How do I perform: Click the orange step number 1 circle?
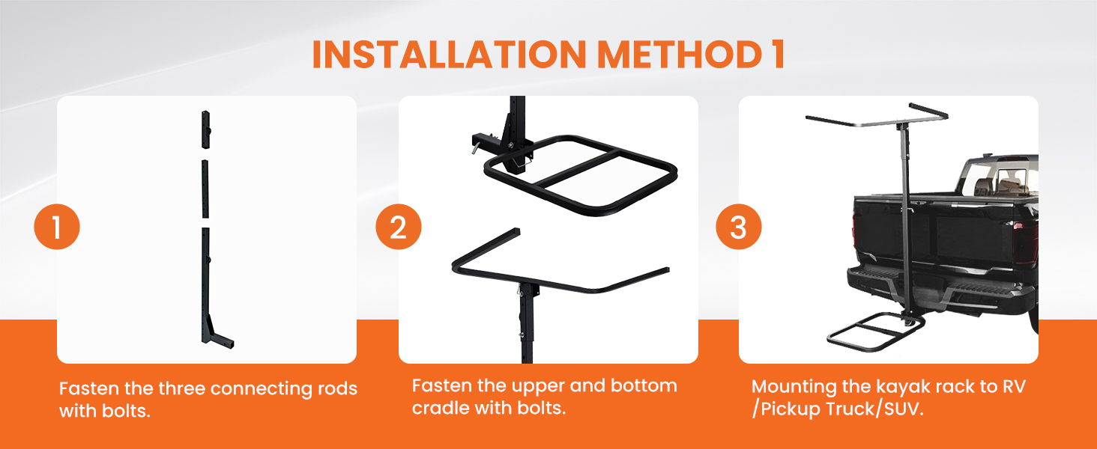click(x=57, y=227)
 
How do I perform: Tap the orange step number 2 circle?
click(x=398, y=227)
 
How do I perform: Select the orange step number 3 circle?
click(x=739, y=227)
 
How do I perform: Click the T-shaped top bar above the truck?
click(x=877, y=120)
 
